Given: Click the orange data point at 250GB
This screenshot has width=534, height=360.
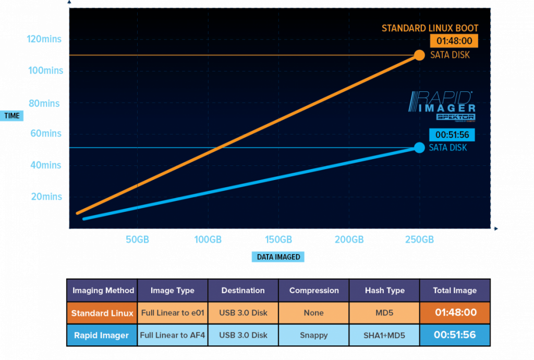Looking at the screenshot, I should (x=418, y=55).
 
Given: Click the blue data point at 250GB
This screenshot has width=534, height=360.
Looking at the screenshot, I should (x=419, y=148).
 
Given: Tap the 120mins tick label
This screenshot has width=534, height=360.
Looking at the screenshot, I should (x=45, y=39).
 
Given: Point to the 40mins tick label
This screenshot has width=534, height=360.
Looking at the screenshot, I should (x=45, y=165).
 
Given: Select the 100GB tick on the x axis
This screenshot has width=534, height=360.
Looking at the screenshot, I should (x=208, y=239).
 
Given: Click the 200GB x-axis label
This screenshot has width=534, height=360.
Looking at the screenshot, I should (x=349, y=239).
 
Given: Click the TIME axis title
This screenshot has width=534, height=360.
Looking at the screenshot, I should (x=12, y=115).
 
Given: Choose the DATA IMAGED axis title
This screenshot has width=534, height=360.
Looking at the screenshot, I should (x=278, y=257).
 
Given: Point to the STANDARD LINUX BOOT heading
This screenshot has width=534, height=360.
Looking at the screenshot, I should (x=430, y=28).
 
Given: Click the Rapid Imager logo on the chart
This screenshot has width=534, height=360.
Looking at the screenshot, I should (x=441, y=106).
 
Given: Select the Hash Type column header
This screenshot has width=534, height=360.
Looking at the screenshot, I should (x=384, y=291).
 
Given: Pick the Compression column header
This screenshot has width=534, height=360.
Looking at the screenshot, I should (x=314, y=291).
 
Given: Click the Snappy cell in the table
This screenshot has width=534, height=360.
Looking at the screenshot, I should (x=314, y=335).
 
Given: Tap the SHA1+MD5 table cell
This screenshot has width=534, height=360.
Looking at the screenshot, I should (x=384, y=335).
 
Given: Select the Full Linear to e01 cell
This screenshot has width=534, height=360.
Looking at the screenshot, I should (x=173, y=313).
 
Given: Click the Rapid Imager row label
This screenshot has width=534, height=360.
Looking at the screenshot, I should (x=102, y=335).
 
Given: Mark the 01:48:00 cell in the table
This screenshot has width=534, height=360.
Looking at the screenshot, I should (x=455, y=313).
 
